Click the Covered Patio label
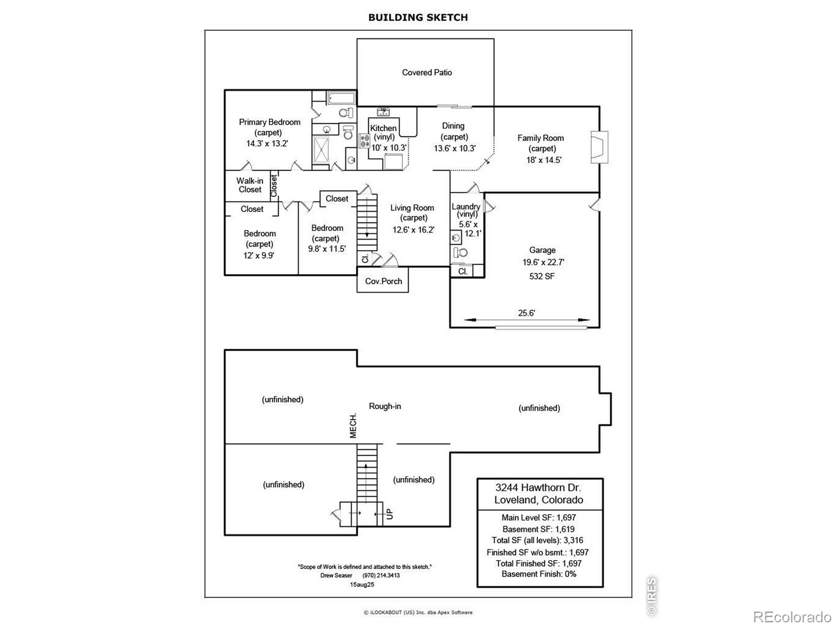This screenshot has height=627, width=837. click(x=427, y=72)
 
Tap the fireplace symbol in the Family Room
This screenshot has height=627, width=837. click(x=600, y=147)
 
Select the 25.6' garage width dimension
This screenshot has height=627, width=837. click(x=526, y=313)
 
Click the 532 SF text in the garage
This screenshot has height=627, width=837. click(x=541, y=276)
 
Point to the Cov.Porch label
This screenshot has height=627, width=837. click(x=383, y=281)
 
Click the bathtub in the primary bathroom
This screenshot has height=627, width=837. click(x=341, y=98)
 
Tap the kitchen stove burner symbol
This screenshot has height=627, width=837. click(x=364, y=141)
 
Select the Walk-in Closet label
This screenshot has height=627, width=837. click(x=250, y=185)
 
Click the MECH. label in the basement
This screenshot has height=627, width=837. click(x=353, y=426)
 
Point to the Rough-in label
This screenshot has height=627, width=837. click(x=384, y=406)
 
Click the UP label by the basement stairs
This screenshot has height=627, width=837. click(x=389, y=514)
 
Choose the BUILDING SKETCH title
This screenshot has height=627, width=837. click(x=418, y=18)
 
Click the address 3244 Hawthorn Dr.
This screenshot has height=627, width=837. click(x=538, y=487)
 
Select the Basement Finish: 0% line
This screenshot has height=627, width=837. click(x=539, y=574)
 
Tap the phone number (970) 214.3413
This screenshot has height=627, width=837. click(x=381, y=575)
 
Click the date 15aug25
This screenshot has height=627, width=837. click(x=362, y=584)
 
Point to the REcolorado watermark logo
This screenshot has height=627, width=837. click(x=792, y=617)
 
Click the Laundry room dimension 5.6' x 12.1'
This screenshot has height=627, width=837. click(x=470, y=229)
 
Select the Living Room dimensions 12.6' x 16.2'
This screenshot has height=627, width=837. click(x=413, y=230)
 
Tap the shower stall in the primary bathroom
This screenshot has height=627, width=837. click(x=321, y=150)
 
